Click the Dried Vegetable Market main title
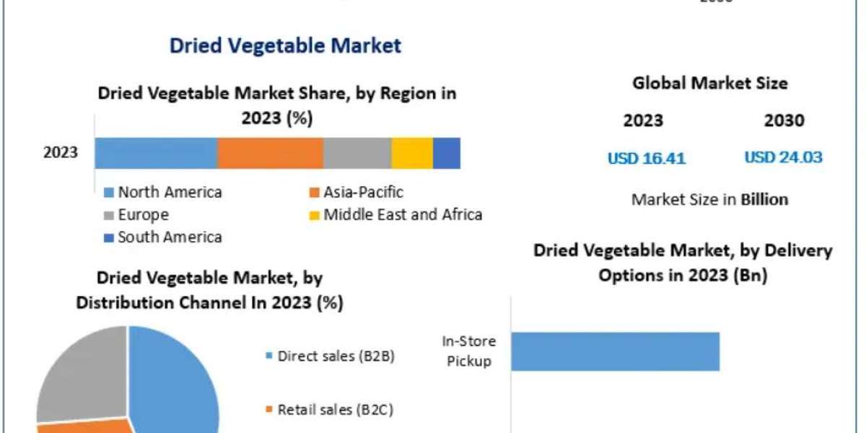[284, 46]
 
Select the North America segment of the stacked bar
[156, 153]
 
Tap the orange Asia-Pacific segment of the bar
[270, 153]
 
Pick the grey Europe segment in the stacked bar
[357, 153]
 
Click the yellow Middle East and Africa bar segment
[412, 153]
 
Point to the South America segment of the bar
[447, 153]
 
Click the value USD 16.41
[646, 158]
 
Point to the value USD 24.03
[783, 157]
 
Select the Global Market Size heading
[710, 84]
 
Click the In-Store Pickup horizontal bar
[615, 351]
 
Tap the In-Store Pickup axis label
[468, 351]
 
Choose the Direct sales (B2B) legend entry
[330, 356]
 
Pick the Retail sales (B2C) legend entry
[331, 410]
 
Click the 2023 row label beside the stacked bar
[61, 153]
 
